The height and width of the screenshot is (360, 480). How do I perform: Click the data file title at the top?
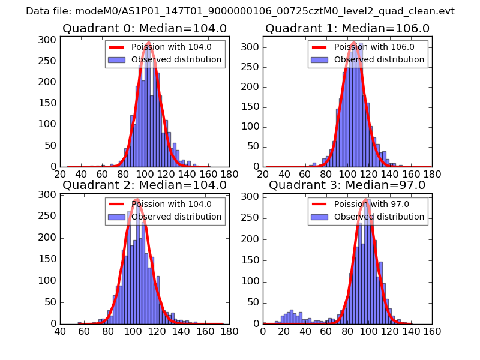pos(240,11)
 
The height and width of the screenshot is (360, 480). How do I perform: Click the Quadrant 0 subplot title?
pos(144,28)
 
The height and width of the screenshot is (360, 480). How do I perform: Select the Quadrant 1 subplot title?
pos(347,28)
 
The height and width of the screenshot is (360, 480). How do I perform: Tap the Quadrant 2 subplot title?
pos(144,185)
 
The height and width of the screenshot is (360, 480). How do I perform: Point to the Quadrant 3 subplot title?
pos(347,185)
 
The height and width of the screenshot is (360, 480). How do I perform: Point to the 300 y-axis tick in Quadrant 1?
pos(254,47)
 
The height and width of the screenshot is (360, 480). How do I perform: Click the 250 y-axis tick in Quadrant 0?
pos(50,61)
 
